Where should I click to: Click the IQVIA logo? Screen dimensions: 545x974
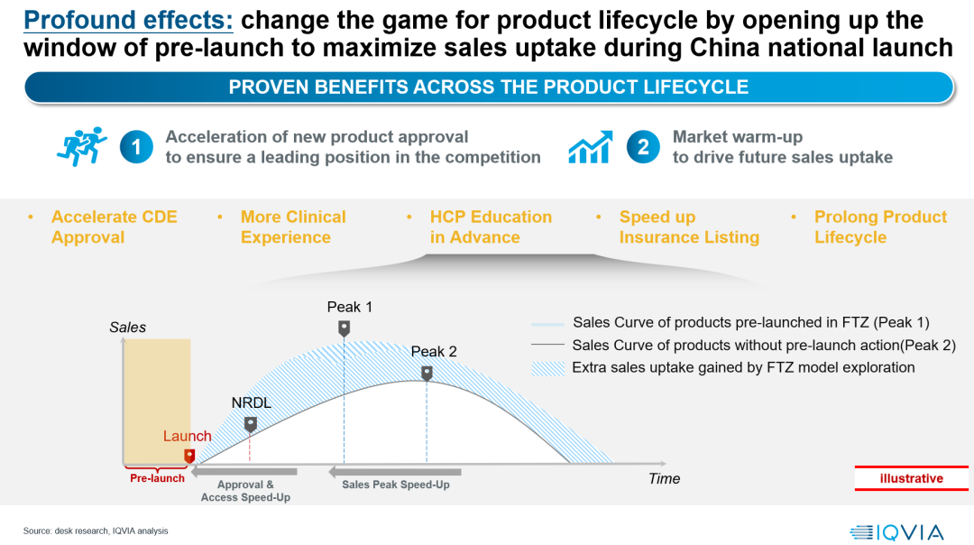click(x=896, y=532)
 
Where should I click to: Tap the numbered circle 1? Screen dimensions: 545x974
click(x=135, y=147)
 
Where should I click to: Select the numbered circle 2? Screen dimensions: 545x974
click(x=642, y=147)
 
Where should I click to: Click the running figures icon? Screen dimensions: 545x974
click(x=81, y=146)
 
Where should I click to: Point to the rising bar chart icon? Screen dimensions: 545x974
click(x=591, y=147)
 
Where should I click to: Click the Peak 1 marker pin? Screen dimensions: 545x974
click(x=344, y=328)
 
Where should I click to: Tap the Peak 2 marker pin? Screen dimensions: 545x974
click(x=427, y=373)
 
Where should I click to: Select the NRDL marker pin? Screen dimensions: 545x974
click(x=251, y=423)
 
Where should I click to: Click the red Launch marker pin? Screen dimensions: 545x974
click(x=189, y=456)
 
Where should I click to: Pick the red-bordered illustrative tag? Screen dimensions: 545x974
click(x=911, y=478)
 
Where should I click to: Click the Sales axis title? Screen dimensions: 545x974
click(x=127, y=327)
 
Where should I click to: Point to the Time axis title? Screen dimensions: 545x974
click(x=664, y=478)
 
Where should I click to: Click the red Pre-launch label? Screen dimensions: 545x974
click(x=157, y=478)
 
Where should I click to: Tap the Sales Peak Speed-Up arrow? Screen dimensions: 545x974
click(x=395, y=471)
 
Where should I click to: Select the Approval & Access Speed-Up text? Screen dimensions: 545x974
click(x=245, y=491)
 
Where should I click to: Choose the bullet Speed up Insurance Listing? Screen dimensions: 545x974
click(x=689, y=227)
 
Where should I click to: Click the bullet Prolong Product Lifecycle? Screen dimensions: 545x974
click(x=880, y=227)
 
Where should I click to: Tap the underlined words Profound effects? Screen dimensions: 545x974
click(x=128, y=20)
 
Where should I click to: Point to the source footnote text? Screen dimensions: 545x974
click(x=96, y=531)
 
